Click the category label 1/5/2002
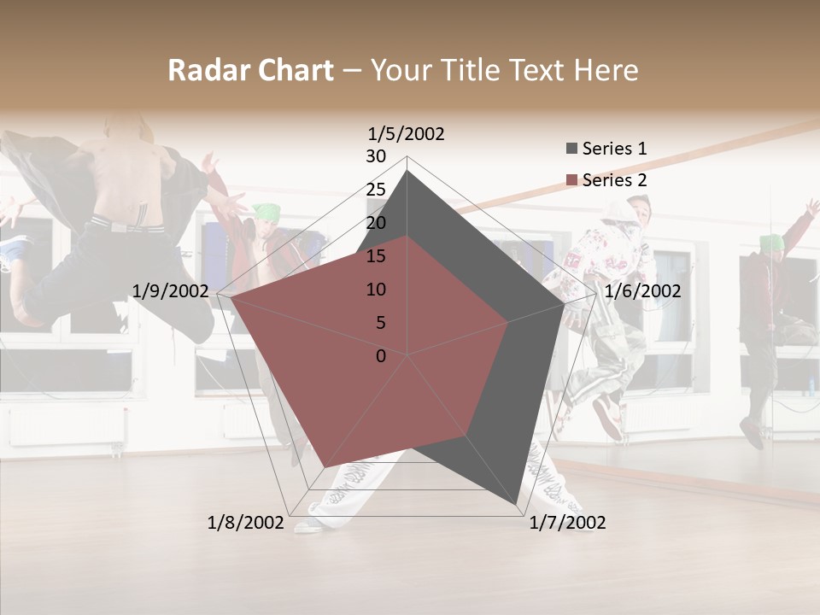[x=407, y=134]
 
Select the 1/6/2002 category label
[x=642, y=291]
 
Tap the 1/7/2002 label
[x=567, y=522]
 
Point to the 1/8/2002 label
[x=245, y=522]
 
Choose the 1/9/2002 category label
[x=170, y=291]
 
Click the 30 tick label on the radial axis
[x=376, y=156]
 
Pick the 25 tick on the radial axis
[x=376, y=190]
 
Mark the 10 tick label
[x=376, y=290]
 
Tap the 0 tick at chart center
[x=381, y=356]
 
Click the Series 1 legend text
[x=614, y=149]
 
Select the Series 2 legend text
[x=614, y=180]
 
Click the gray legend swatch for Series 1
[x=571, y=149]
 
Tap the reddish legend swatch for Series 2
[x=571, y=180]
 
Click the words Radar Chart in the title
[x=250, y=70]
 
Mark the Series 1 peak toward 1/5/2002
[x=407, y=171]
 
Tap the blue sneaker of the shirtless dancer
[x=15, y=249]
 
